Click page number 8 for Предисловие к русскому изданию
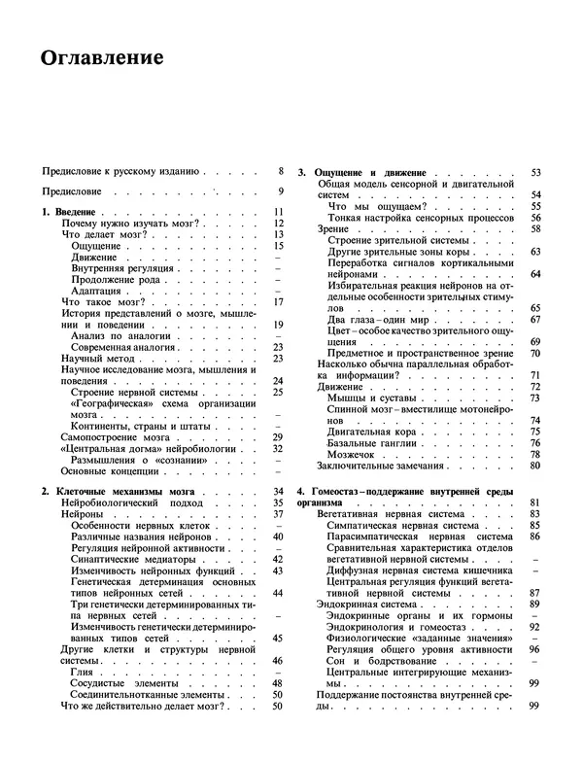(280, 170)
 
